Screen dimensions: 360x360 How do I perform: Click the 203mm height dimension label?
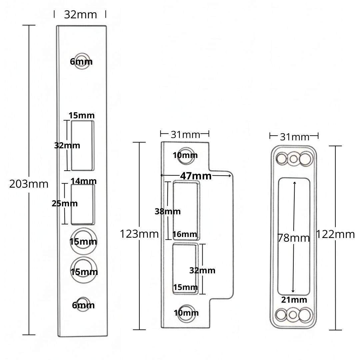coord(29,184)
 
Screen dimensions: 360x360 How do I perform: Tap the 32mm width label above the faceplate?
coord(80,15)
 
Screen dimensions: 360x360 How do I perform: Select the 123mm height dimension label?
coord(139,234)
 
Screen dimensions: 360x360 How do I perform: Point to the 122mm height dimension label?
coord(335,234)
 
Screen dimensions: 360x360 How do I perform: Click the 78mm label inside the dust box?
coord(294,238)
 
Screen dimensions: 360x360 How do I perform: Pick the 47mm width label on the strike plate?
coord(196,176)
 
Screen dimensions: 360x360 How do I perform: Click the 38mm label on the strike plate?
coord(167,211)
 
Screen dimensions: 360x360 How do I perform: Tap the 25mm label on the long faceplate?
coord(65,203)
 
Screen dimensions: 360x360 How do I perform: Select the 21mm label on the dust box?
coord(294,300)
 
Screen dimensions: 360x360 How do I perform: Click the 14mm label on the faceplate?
coord(84,181)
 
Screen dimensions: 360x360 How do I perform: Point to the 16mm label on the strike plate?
coord(185,234)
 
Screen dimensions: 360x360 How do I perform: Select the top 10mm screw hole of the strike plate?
coord(186,155)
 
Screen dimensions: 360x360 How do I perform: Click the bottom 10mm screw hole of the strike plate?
coord(186,313)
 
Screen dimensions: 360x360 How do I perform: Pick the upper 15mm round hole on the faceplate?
coord(83,241)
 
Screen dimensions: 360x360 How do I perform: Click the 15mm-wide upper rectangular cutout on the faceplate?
coord(83,145)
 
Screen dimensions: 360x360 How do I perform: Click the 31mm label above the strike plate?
coord(185,134)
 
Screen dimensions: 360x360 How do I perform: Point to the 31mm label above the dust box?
coord(294,136)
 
